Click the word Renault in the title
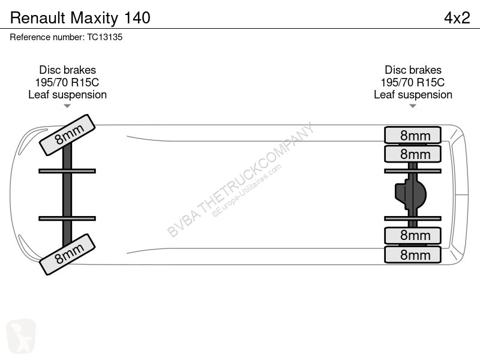tap(38, 18)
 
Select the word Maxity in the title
tap(94, 19)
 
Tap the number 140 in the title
tap(137, 18)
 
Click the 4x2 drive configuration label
tap(457, 18)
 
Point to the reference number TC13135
tap(104, 37)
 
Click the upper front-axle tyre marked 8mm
tap(67, 135)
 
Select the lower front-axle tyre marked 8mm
tap(67, 254)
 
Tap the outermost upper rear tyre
tap(413, 134)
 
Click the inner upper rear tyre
tap(413, 154)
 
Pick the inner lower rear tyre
tap(413, 235)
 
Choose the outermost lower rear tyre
tap(413, 254)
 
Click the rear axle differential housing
tap(411, 194)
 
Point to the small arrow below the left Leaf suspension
tap(67, 106)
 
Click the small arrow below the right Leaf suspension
tap(413, 106)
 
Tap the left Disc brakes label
tap(67, 70)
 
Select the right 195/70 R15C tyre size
tap(413, 82)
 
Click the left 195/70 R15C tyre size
tap(67, 82)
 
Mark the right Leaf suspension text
tap(413, 95)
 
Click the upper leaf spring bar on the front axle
tap(67, 171)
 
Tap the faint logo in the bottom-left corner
tap(20, 337)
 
